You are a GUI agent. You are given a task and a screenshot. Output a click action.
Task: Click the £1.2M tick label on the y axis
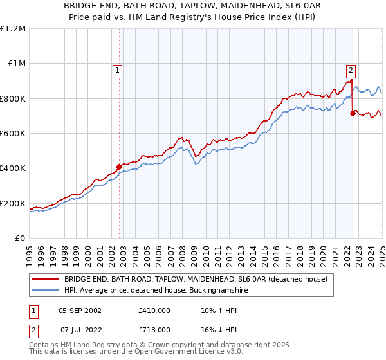[13, 28]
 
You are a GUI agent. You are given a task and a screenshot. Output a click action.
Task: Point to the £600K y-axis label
[13, 134]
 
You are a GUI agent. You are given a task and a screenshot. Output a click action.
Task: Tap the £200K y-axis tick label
[13, 204]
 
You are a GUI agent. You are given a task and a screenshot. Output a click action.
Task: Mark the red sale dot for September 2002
[119, 167]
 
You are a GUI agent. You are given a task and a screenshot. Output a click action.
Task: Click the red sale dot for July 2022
[353, 114]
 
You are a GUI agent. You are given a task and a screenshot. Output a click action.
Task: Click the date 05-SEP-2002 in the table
[79, 310]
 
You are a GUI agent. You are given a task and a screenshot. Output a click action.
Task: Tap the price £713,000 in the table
[154, 330]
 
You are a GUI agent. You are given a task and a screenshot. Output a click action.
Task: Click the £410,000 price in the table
[154, 310]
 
